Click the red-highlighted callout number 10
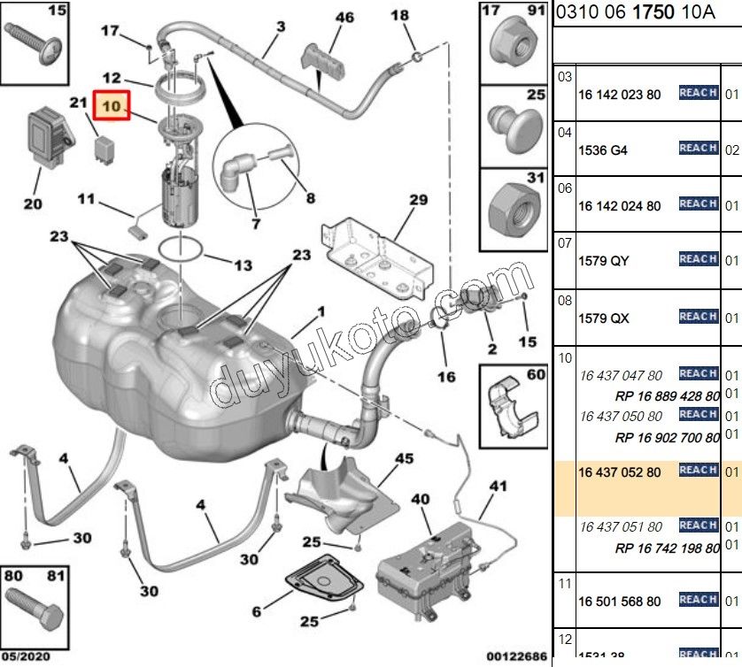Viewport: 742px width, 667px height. click(x=111, y=107)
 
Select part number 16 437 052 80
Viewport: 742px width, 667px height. click(x=620, y=472)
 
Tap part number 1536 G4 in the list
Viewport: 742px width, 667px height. click(x=602, y=150)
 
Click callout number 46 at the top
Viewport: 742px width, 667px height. click(x=344, y=18)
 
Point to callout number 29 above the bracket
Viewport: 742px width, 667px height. click(x=418, y=201)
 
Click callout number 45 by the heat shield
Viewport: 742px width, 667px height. click(x=404, y=458)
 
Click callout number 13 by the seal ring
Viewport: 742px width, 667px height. click(x=243, y=264)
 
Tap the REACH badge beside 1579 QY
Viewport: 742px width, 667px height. click(x=698, y=259)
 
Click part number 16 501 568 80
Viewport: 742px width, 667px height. click(x=620, y=602)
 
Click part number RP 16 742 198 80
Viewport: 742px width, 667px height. click(x=667, y=548)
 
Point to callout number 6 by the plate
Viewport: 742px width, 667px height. click(x=257, y=611)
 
